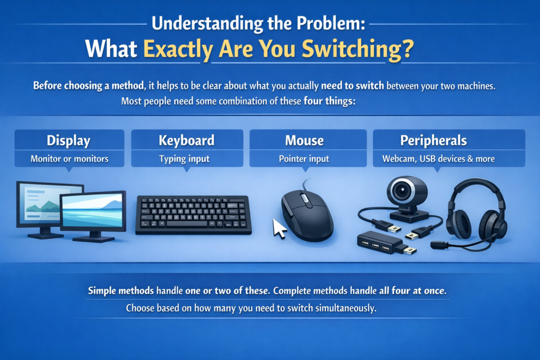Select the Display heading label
[69, 141]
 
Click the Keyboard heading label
[187, 141]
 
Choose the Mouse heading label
[304, 141]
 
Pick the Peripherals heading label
[433, 141]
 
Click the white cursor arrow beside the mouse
[279, 227]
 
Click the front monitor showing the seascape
[93, 213]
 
